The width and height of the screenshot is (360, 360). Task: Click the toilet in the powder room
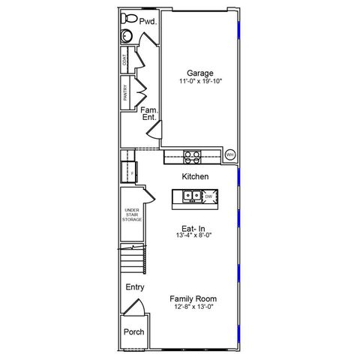click(128, 18)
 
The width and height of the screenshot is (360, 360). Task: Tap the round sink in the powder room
click(126, 36)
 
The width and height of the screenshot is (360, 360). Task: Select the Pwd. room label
click(148, 22)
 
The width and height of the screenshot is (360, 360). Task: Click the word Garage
click(199, 73)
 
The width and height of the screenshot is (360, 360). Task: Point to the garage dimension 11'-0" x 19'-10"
click(199, 81)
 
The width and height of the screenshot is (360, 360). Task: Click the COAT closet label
click(125, 60)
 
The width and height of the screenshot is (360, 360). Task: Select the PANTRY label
click(125, 91)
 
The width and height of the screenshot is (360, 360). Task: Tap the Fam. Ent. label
click(149, 113)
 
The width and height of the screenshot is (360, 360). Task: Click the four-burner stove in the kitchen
click(192, 156)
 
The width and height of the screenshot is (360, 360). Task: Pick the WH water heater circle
click(230, 155)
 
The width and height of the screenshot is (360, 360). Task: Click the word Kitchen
click(195, 176)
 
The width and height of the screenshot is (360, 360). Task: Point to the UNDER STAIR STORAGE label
click(132, 214)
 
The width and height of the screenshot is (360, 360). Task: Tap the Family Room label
click(193, 298)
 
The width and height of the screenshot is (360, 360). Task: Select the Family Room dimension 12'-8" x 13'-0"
click(193, 306)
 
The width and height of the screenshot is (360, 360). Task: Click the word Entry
click(135, 287)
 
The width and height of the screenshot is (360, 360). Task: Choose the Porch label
click(134, 332)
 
